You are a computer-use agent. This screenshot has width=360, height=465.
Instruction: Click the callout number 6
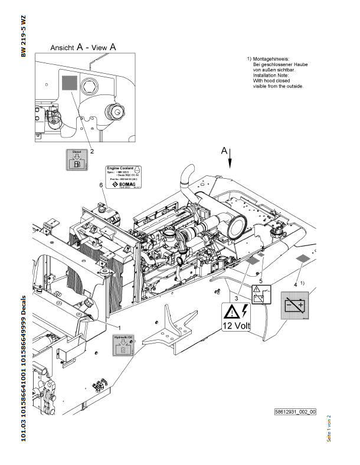(x=101, y=185)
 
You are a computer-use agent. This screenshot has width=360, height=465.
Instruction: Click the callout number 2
(x=92, y=151)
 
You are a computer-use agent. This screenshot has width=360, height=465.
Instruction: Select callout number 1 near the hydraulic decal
(x=120, y=326)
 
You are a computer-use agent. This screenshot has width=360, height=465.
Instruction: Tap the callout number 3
(x=237, y=299)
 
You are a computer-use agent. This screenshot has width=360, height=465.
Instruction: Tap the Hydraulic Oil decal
(x=123, y=345)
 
